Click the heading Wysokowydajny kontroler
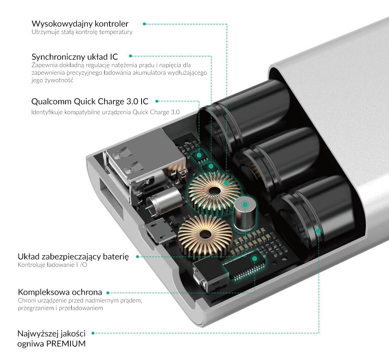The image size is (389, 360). [80, 24]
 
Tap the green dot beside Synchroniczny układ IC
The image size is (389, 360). [131, 56]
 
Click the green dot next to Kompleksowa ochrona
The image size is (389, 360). [108, 293]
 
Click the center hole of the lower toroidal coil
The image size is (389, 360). [204, 234]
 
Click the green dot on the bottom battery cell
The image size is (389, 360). [319, 231]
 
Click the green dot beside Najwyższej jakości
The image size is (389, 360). [93, 333]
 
